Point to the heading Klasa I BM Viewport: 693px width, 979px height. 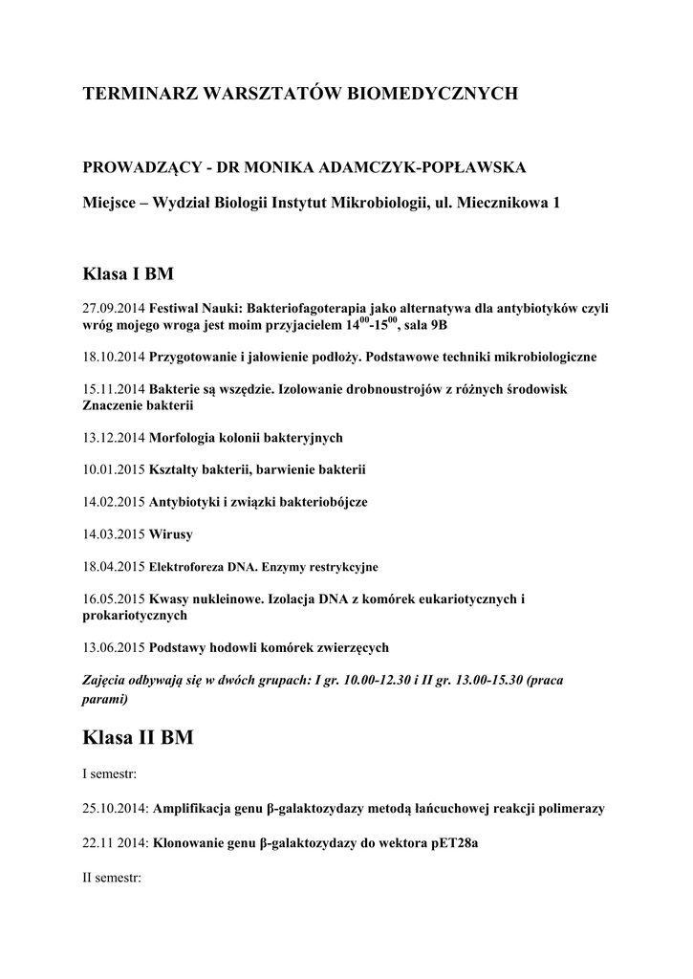point(129,273)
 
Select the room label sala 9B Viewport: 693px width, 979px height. point(423,325)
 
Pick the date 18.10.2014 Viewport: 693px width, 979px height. point(114,357)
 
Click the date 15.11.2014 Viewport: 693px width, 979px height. point(114,390)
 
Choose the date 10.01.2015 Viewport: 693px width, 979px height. point(114,469)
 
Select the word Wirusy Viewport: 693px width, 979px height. point(170,533)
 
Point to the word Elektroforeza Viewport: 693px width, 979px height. point(189,566)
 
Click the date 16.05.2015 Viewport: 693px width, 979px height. point(114,599)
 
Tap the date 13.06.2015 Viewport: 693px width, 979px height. point(114,647)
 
